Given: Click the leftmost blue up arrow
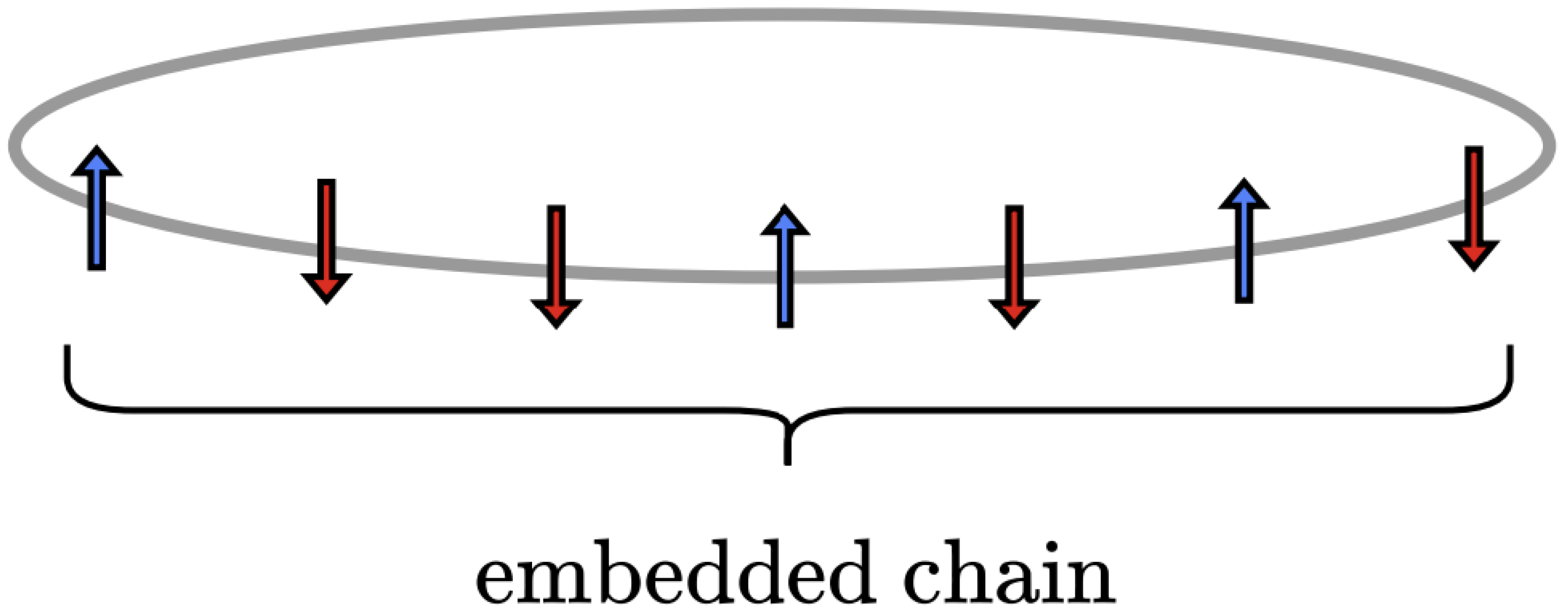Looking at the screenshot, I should (x=97, y=210).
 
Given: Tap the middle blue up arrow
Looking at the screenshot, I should (x=785, y=267).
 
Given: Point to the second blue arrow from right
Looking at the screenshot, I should (x=785, y=267).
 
